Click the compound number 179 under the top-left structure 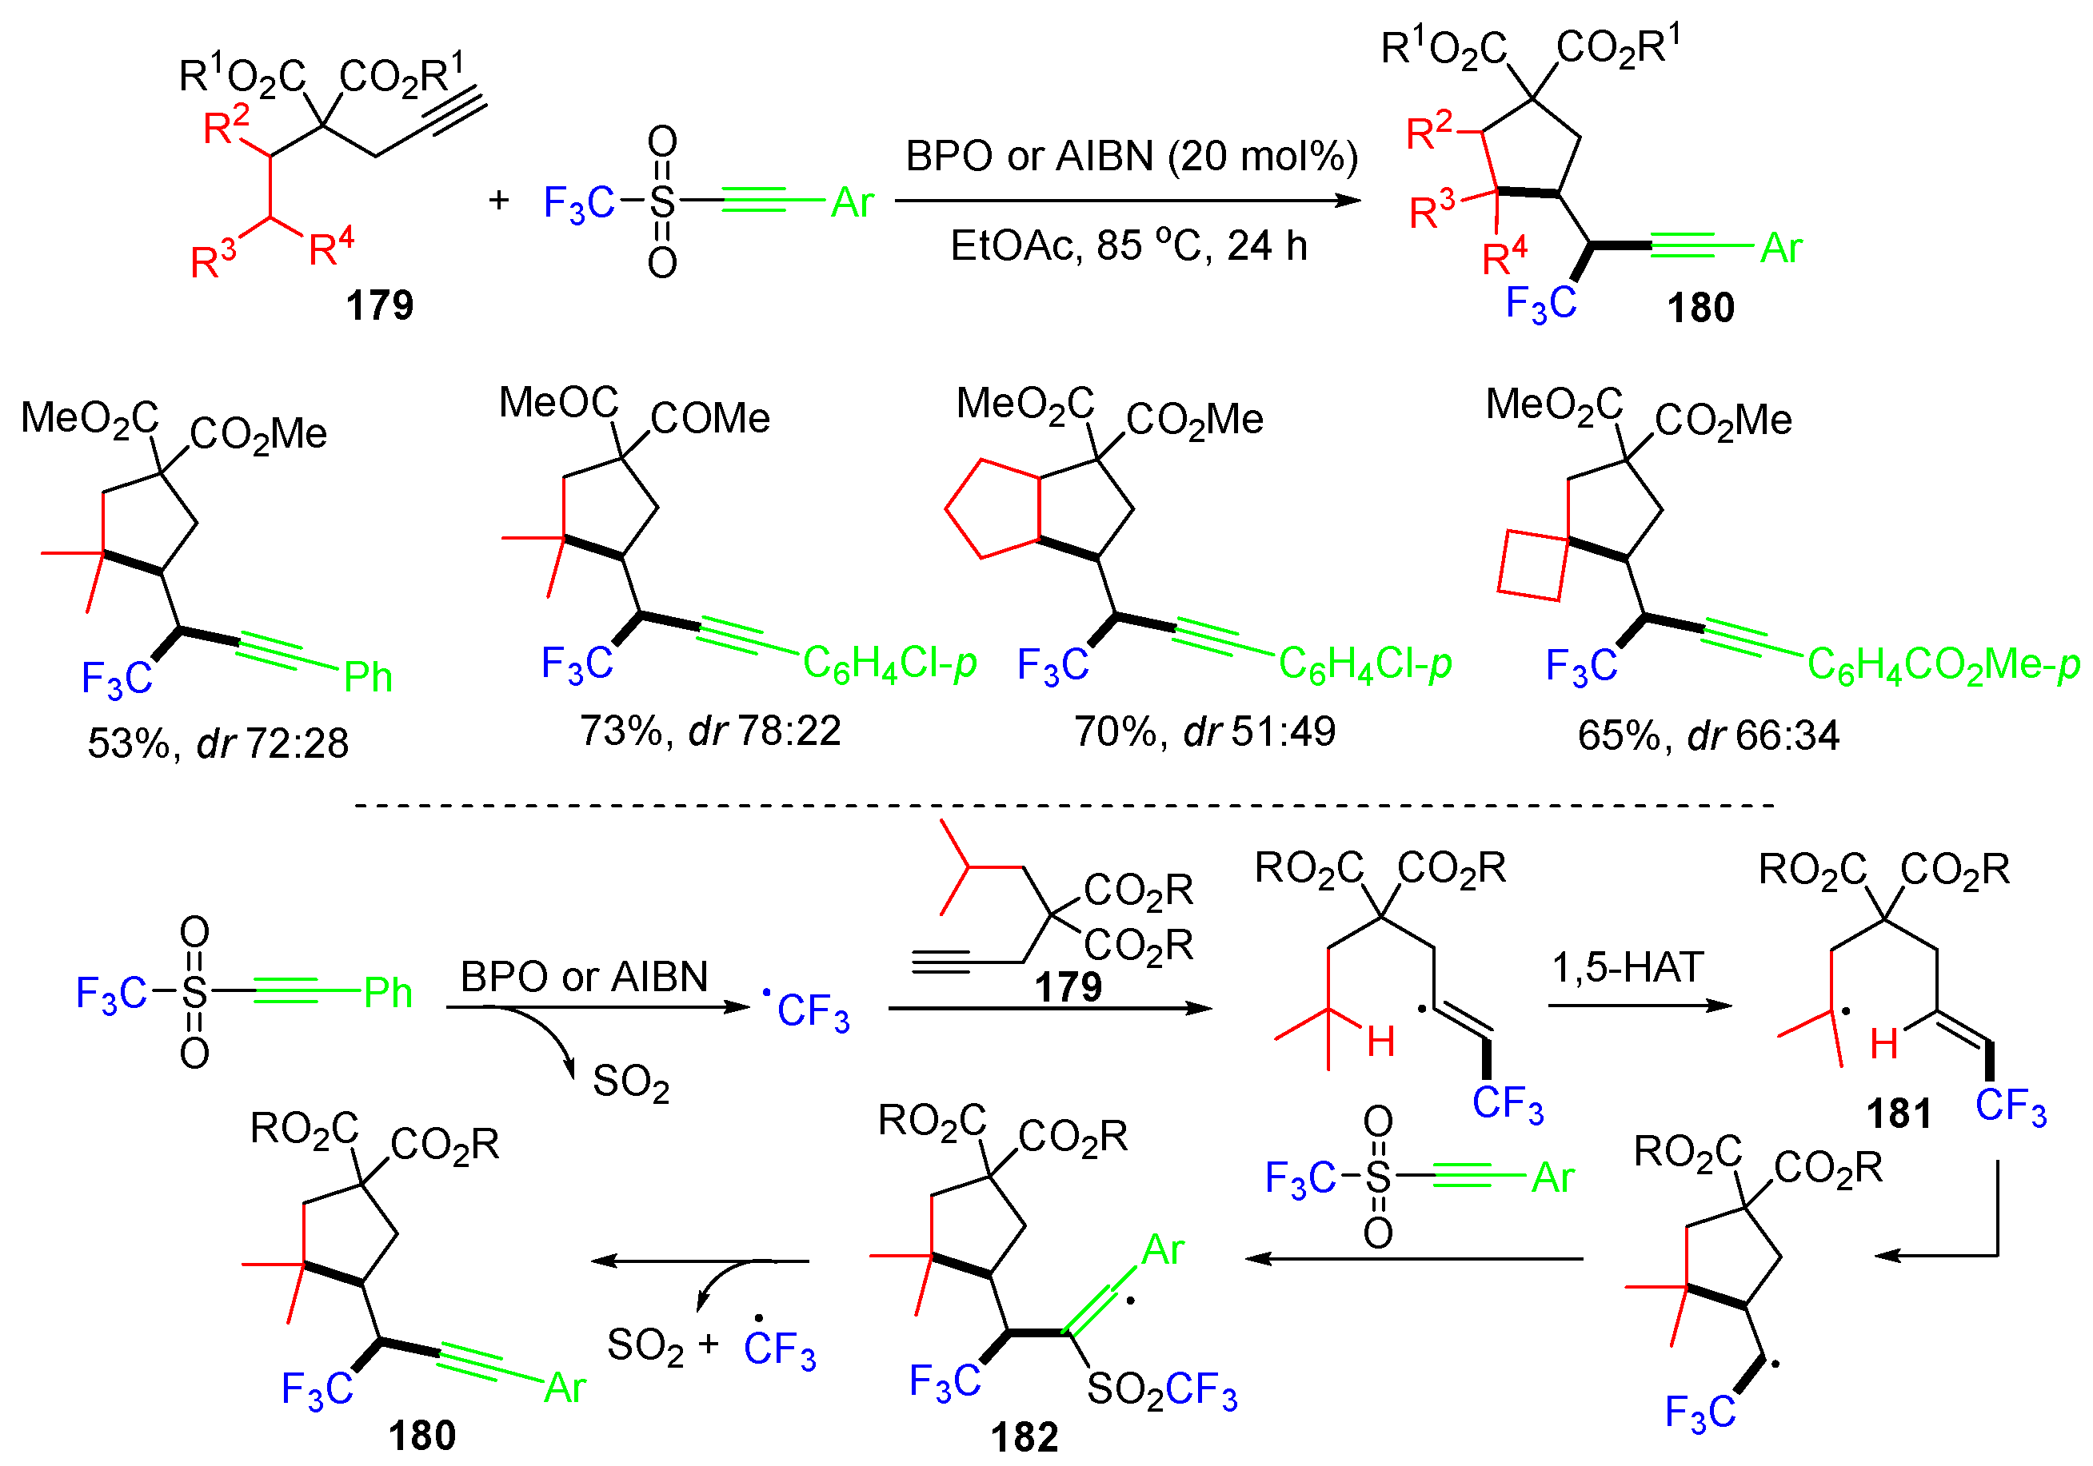pyautogui.click(x=379, y=305)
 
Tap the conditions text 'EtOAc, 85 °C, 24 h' pyautogui.click(x=1128, y=246)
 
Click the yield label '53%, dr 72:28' pyautogui.click(x=218, y=743)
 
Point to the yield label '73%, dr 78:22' pyautogui.click(x=710, y=730)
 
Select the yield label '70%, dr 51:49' pyautogui.click(x=1204, y=731)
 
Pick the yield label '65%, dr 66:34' pyautogui.click(x=1708, y=735)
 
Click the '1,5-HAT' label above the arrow pyautogui.click(x=1628, y=966)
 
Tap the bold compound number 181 pyautogui.click(x=1899, y=1113)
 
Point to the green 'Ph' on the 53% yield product pyautogui.click(x=368, y=678)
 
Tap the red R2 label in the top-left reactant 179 pyautogui.click(x=226, y=125)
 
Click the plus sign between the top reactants pyautogui.click(x=498, y=200)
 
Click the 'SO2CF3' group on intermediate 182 pyautogui.click(x=1162, y=1390)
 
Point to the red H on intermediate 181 pyautogui.click(x=1883, y=1043)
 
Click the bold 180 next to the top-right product pyautogui.click(x=1700, y=308)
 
